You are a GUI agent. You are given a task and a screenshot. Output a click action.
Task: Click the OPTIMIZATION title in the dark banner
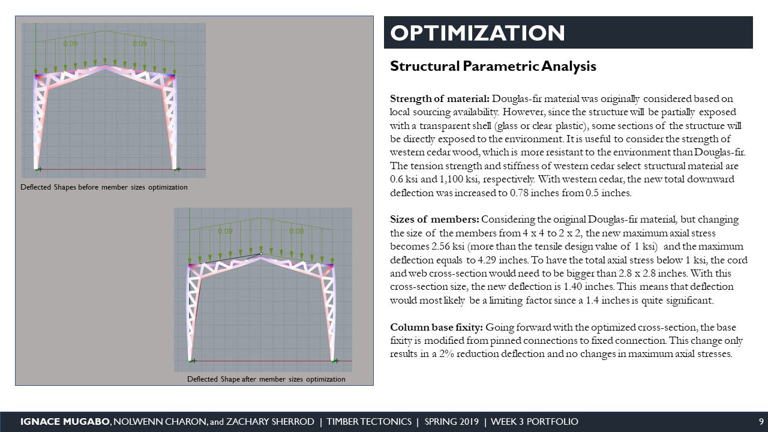(478, 32)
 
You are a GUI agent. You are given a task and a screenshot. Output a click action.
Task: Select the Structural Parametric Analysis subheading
(493, 66)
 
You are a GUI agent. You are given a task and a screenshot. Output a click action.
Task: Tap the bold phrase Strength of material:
(439, 98)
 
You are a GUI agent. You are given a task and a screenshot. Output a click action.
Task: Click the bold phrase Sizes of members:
(434, 219)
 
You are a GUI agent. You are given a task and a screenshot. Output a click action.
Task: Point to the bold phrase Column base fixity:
(436, 328)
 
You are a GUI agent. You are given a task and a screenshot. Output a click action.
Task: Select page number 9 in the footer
(761, 422)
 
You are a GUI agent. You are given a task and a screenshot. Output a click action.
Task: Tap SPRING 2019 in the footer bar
(452, 422)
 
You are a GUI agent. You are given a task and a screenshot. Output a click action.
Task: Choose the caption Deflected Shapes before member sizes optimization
(104, 188)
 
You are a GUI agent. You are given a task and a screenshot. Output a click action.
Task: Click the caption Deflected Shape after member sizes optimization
(266, 379)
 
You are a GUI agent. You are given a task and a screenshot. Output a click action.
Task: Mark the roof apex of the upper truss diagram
(105, 64)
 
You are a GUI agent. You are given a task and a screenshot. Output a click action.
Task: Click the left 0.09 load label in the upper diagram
(70, 44)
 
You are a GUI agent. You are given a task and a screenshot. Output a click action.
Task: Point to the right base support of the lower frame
(334, 361)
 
